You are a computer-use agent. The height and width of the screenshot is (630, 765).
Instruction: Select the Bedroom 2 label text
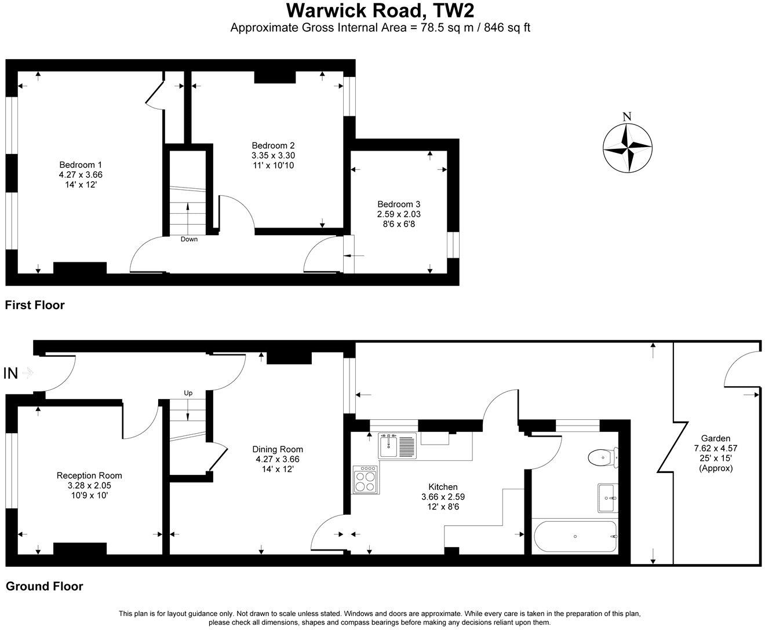click(273, 145)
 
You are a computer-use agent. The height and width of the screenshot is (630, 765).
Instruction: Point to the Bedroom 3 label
click(399, 204)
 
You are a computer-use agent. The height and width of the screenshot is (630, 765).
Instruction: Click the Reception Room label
click(89, 475)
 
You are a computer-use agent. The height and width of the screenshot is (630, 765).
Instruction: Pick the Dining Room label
click(278, 449)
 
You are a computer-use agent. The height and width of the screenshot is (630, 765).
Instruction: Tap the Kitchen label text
click(443, 487)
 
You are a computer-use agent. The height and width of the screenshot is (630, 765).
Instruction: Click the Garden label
click(716, 438)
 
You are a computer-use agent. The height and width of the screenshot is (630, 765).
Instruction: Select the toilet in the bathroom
click(603, 458)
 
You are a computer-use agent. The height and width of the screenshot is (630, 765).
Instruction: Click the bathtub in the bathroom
click(574, 537)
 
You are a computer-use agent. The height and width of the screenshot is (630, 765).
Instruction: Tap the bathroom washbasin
click(608, 498)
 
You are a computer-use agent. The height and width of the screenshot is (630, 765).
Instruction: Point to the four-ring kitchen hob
click(366, 479)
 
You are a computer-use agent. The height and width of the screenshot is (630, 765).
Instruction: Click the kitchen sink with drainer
click(397, 446)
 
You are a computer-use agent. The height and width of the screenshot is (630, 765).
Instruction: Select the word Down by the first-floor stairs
click(189, 239)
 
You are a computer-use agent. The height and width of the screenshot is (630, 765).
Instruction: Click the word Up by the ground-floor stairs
click(188, 393)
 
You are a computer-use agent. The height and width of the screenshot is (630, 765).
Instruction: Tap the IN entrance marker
click(11, 373)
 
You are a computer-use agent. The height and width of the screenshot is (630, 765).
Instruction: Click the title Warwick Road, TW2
click(381, 10)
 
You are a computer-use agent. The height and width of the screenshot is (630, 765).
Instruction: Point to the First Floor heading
click(35, 305)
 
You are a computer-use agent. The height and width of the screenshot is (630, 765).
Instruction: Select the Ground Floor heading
click(44, 586)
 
